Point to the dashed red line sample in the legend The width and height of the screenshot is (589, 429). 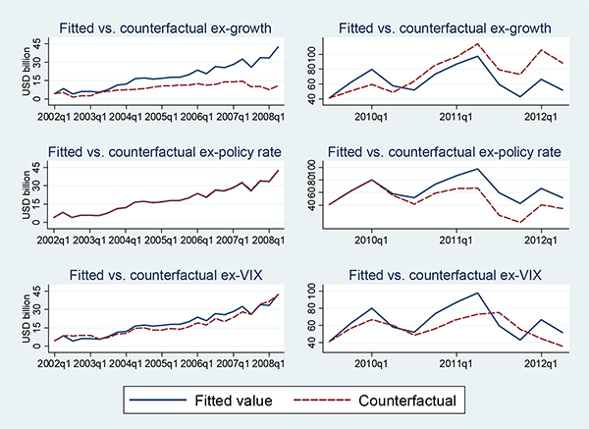[x=322, y=400]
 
